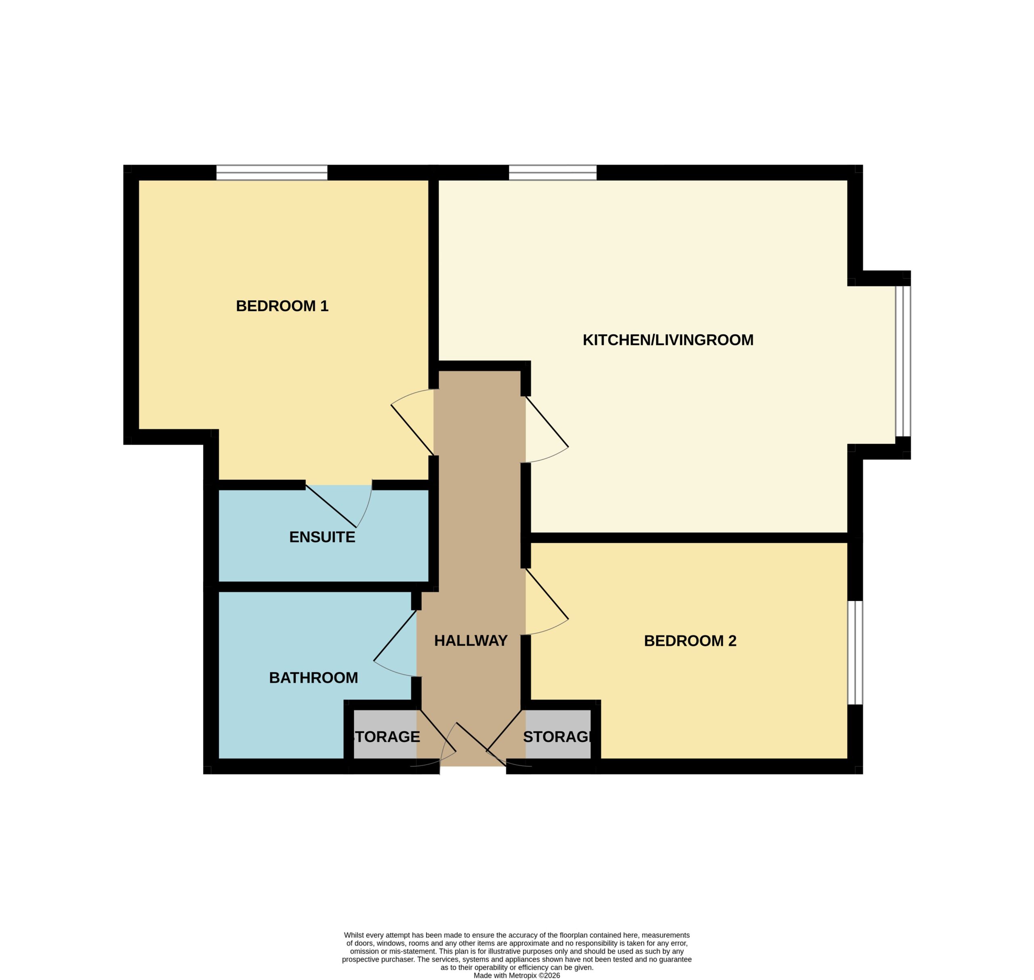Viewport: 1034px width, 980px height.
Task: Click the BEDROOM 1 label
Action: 282,306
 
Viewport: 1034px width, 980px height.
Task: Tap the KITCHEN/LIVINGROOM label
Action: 668,340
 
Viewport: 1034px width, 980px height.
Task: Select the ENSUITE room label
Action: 322,537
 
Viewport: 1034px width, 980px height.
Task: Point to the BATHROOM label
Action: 313,677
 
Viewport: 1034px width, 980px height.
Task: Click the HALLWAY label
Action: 471,640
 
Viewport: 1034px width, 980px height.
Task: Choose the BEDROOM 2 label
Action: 690,641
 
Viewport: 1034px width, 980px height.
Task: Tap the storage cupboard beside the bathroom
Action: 385,734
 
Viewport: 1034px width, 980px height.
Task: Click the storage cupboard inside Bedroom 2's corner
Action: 558,734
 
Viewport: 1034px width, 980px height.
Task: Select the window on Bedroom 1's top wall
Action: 272,172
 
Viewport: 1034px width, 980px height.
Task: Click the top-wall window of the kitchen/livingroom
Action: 553,172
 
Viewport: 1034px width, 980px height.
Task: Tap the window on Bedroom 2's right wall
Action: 855,652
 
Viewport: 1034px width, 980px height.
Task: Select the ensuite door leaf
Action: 331,506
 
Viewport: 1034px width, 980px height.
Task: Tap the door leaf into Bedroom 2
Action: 547,594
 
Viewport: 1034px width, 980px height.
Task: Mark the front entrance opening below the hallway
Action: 473,766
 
